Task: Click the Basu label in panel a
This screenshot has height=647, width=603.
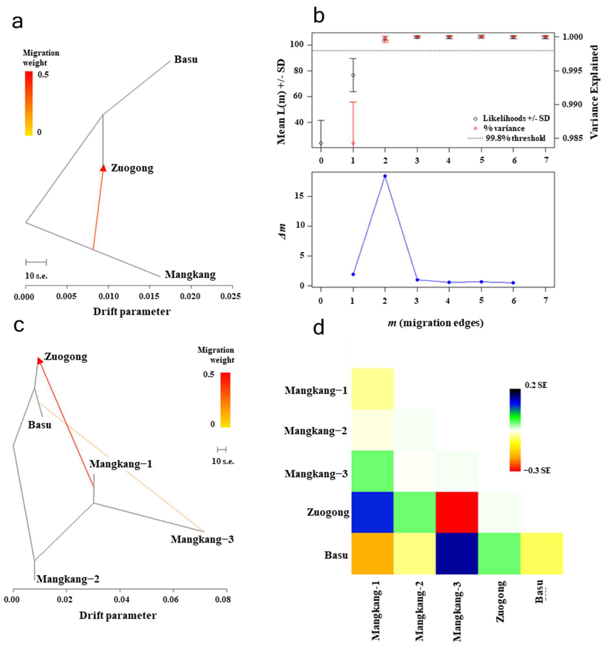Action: click(x=186, y=60)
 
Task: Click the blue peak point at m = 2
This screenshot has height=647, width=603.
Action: click(x=385, y=176)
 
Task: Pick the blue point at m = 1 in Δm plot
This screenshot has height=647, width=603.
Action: click(x=353, y=274)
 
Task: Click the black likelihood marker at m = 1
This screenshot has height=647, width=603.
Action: click(x=353, y=75)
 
